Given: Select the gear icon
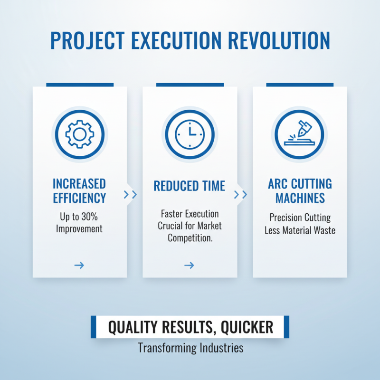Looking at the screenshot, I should coord(80,133).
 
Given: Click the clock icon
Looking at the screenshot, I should coord(190,133).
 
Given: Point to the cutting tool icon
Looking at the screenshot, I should coord(299,133).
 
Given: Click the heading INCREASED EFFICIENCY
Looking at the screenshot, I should coord(79,190).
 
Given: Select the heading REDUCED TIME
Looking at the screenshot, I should coord(189,186).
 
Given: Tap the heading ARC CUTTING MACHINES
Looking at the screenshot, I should coord(300,190).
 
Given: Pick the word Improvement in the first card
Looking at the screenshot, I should coord(79,228).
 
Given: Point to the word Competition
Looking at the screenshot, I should coord(190,237).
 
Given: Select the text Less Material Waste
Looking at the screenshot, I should coord(300,230).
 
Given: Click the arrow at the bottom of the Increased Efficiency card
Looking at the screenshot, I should coord(79,266).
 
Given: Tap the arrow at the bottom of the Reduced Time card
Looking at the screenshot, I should coord(189,266).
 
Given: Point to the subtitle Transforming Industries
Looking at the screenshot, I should coord(190,348).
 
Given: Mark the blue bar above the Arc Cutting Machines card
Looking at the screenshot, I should coord(300,85).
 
